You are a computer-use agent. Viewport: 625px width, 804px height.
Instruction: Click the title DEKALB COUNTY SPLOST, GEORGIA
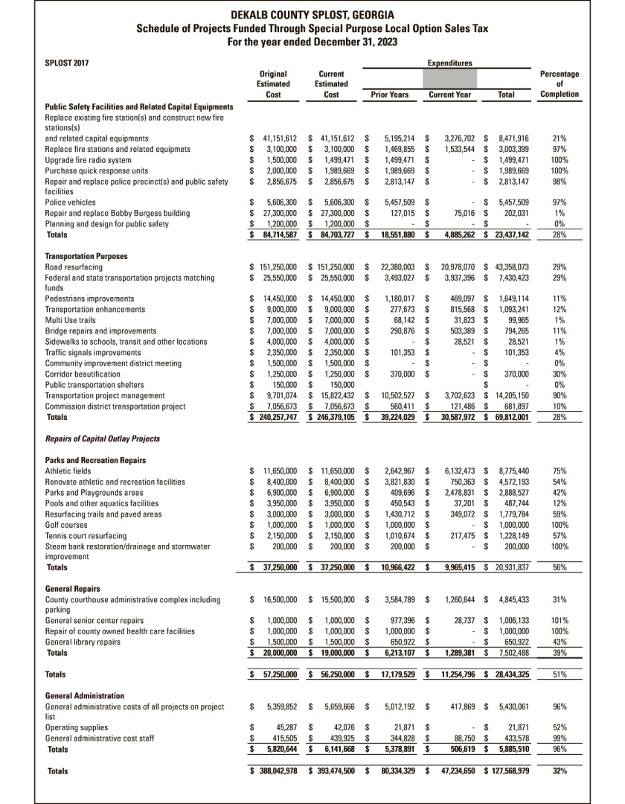click(x=312, y=15)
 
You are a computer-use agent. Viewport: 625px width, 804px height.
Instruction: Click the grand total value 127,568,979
click(x=508, y=770)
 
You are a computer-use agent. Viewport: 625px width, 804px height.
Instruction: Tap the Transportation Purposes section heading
click(x=86, y=256)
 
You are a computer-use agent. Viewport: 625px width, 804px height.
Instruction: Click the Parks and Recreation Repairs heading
click(x=95, y=460)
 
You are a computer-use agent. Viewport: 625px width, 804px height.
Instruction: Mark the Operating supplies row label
click(x=77, y=726)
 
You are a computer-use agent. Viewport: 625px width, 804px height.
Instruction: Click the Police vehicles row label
click(x=71, y=202)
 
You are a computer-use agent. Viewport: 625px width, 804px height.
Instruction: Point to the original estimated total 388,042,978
click(x=275, y=770)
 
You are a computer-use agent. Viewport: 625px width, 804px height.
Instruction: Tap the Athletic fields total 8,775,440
click(x=510, y=471)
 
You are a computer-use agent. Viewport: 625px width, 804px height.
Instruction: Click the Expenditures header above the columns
click(x=449, y=63)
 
